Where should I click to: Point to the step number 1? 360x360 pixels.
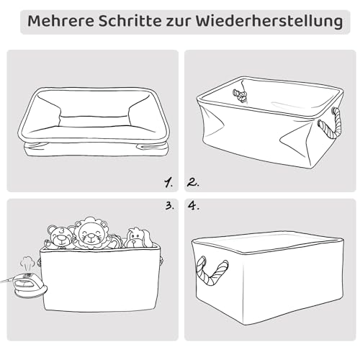pyautogui.click(x=167, y=181)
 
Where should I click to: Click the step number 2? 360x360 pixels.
pyautogui.click(x=193, y=181)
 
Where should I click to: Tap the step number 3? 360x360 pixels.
pyautogui.click(x=169, y=206)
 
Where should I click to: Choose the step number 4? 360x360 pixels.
pyautogui.click(x=193, y=206)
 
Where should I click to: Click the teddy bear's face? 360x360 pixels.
pyautogui.click(x=59, y=236)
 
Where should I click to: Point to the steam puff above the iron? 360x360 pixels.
pyautogui.click(x=28, y=263)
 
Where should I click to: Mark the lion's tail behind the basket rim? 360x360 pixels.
pyautogui.click(x=114, y=243)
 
